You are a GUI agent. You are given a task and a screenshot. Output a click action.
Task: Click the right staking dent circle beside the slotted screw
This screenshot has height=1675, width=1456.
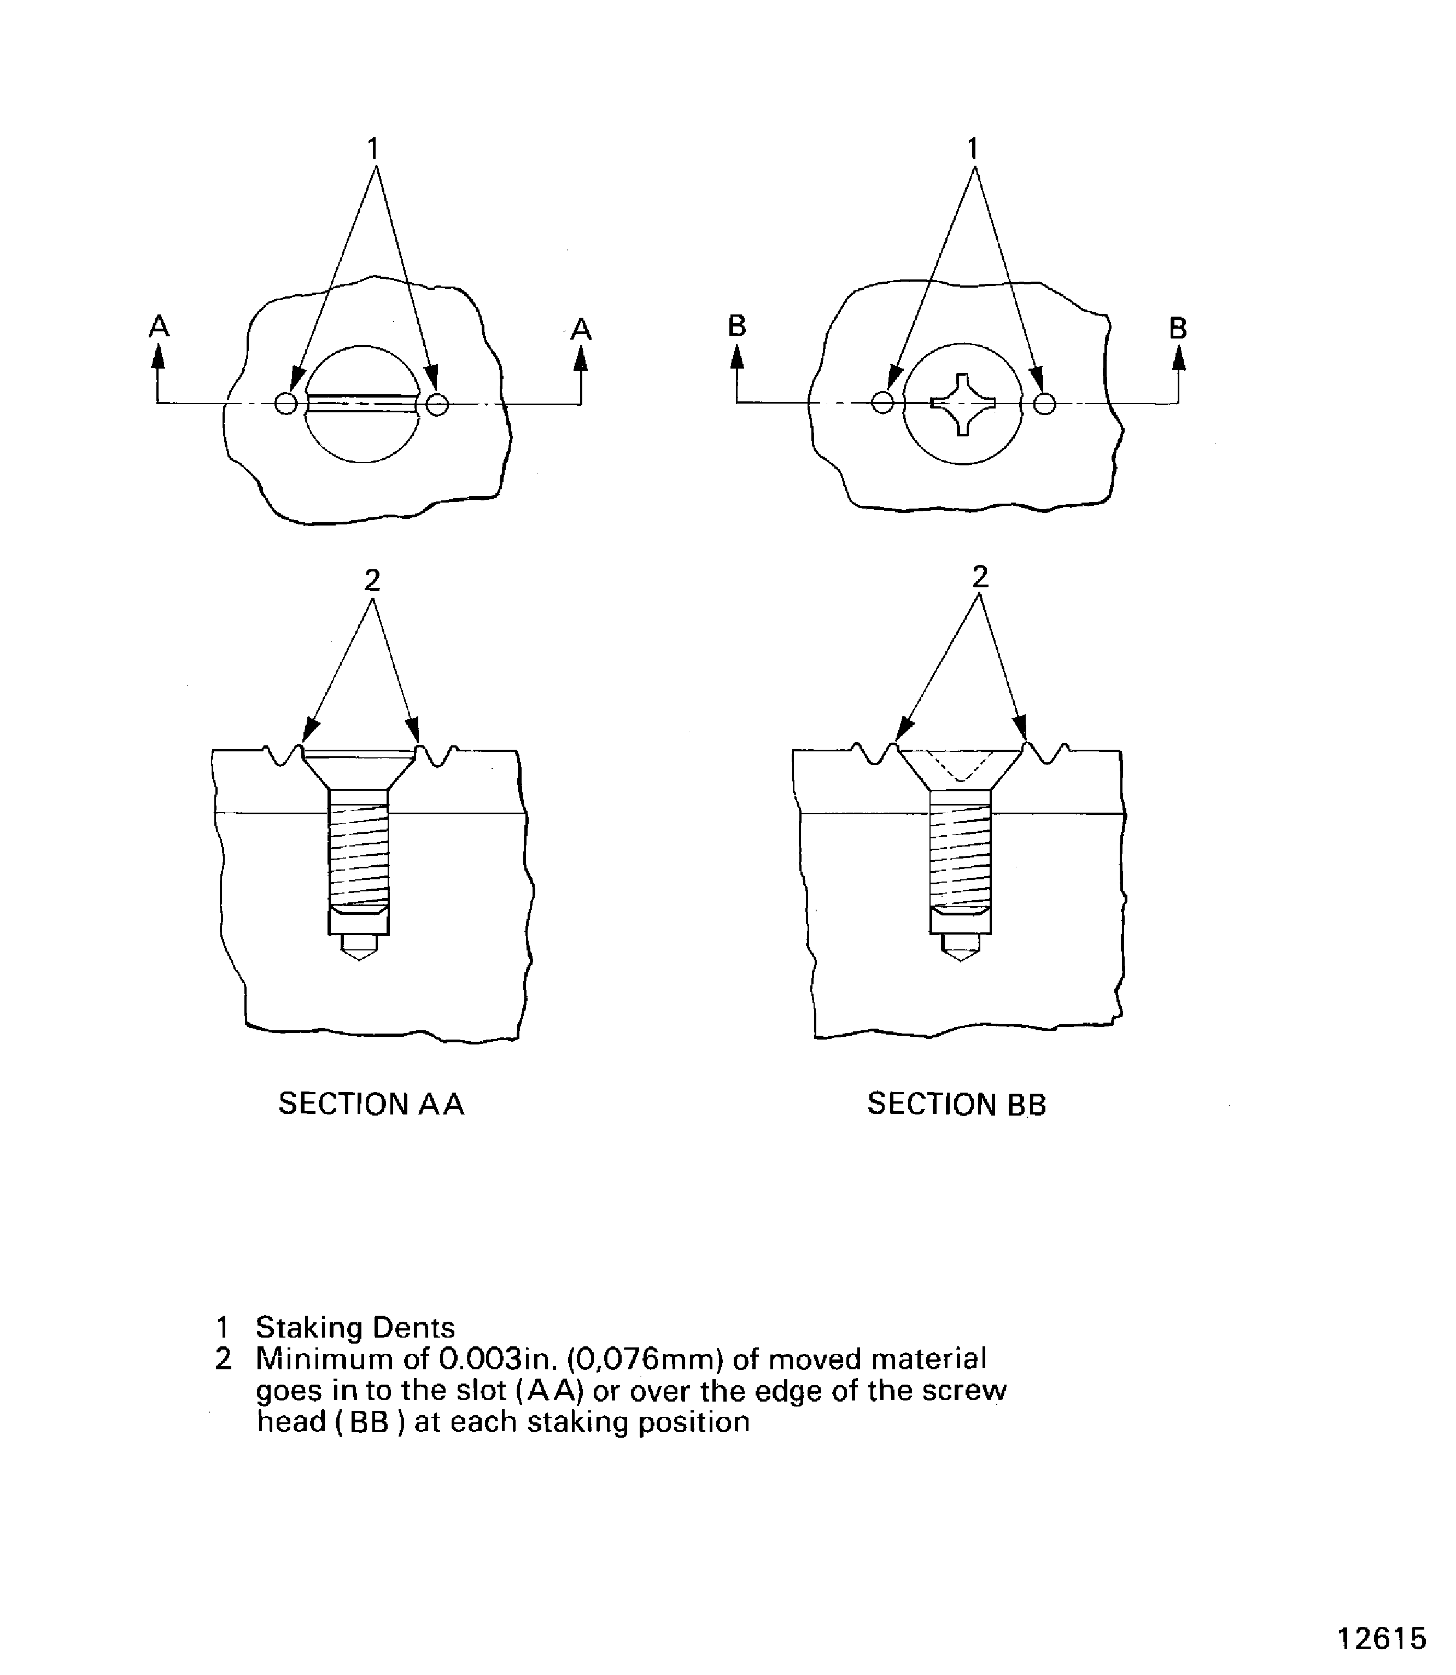pyautogui.click(x=437, y=404)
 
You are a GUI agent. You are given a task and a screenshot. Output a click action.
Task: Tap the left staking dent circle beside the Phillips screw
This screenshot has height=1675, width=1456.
pyautogui.click(x=882, y=402)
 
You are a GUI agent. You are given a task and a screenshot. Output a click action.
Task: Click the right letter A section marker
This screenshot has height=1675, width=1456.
pyautogui.click(x=581, y=329)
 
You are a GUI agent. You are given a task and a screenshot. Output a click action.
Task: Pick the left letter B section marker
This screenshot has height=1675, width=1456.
pyautogui.click(x=737, y=326)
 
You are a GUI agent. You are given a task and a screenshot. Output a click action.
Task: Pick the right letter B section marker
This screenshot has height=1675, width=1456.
pyautogui.click(x=1178, y=328)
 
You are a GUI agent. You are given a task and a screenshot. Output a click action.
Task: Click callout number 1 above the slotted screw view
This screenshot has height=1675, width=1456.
pyautogui.click(x=373, y=149)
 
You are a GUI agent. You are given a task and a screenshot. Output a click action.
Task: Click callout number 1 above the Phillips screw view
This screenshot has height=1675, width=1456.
pyautogui.click(x=973, y=149)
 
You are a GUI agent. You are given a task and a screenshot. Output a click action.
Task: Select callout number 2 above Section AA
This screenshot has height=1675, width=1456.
pyautogui.click(x=372, y=580)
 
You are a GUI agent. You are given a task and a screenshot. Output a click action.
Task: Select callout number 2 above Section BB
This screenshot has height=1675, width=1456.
pyautogui.click(x=980, y=577)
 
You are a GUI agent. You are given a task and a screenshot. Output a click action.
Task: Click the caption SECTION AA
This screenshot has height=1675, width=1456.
pyautogui.click(x=371, y=1104)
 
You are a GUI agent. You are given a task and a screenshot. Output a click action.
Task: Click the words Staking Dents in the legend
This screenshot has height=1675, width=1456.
pyautogui.click(x=355, y=1328)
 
